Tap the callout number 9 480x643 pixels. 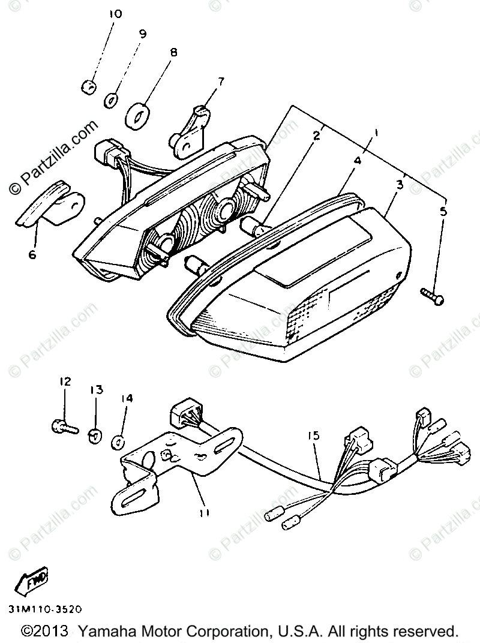[142, 34]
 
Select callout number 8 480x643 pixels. [173, 53]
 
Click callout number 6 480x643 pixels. [32, 255]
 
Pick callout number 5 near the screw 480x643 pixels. [443, 211]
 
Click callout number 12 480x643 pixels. [65, 381]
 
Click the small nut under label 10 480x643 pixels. [88, 87]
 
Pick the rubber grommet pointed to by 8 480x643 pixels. [137, 115]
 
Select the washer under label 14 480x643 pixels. [118, 443]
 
